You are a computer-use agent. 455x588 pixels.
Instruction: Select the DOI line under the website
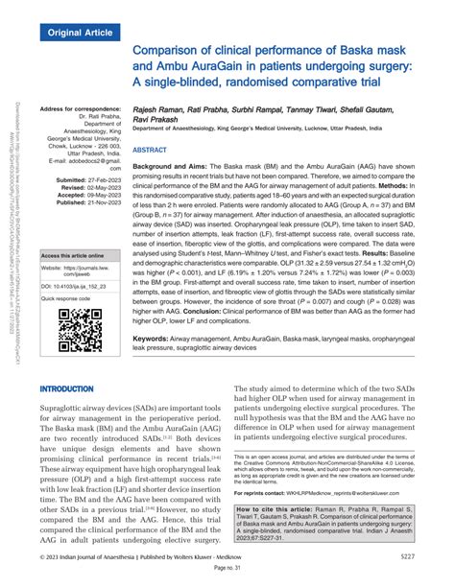coord(78,286)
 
